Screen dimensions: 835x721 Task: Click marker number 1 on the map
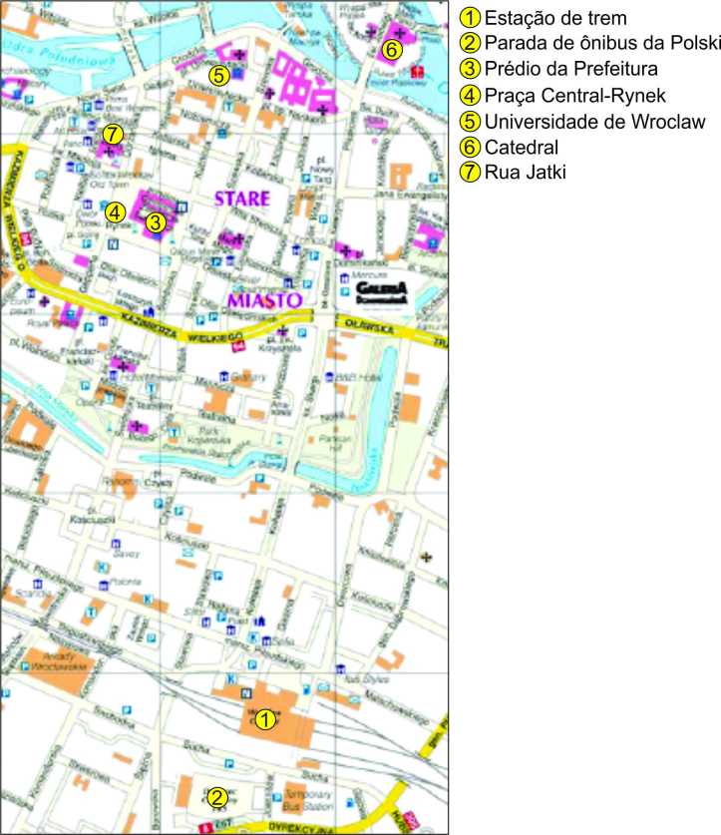264,718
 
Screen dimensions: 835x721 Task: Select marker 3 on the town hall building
155,222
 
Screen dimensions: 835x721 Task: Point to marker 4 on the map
116,211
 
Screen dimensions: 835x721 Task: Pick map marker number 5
219,74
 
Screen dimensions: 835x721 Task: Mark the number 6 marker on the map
392,48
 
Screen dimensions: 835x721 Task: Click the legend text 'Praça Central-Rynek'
573,96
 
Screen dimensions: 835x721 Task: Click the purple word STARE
242,199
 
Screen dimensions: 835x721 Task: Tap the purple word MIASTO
263,299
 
